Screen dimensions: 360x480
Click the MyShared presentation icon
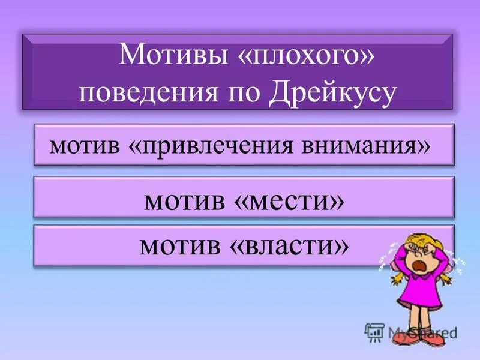pyautogui.click(x=374, y=331)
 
